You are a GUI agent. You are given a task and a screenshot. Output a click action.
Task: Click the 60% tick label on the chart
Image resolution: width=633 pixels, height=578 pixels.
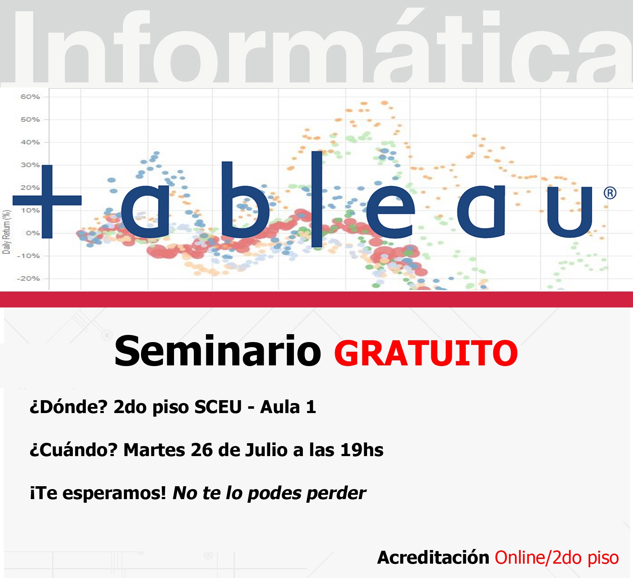click(x=30, y=97)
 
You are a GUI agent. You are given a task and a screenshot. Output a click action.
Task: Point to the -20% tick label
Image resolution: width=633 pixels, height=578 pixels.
click(x=28, y=279)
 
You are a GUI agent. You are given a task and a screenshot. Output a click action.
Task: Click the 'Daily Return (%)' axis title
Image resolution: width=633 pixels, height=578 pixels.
click(x=6, y=232)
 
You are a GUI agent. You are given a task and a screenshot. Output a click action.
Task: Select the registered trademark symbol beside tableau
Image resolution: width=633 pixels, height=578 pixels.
click(x=610, y=193)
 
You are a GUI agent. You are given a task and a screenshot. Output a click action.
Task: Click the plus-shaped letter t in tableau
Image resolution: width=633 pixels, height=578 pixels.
click(x=47, y=201)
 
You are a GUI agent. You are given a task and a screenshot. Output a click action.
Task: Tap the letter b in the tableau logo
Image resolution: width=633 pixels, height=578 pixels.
click(x=245, y=200)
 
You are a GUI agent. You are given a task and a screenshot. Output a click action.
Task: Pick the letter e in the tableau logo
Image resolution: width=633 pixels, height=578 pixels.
click(x=390, y=212)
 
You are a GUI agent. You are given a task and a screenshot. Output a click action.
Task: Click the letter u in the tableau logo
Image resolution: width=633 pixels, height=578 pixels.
click(x=569, y=212)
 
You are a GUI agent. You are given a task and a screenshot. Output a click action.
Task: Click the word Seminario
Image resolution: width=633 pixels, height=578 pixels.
click(x=217, y=351)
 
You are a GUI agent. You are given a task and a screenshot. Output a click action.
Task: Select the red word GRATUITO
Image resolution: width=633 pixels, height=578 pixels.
click(x=426, y=353)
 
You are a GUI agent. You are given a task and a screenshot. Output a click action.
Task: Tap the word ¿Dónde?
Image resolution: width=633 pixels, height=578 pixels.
click(x=69, y=407)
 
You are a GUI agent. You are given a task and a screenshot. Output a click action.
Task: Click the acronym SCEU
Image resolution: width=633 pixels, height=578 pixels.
click(x=218, y=407)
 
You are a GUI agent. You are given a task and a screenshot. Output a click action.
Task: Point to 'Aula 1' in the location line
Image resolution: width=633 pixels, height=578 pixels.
click(x=288, y=407)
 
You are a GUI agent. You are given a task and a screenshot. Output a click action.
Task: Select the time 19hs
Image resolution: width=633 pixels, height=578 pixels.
click(x=362, y=450)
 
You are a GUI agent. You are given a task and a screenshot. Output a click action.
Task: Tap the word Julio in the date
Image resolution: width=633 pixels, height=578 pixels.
click(x=267, y=450)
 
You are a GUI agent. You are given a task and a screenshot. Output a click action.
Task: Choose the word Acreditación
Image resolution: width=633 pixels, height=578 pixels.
click(x=433, y=558)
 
